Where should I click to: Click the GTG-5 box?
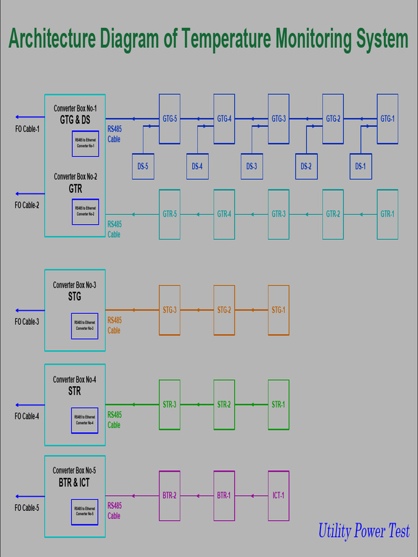coord(169,119)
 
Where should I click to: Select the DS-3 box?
coord(251,166)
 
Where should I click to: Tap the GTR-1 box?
coord(387,214)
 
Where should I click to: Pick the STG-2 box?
coord(224,310)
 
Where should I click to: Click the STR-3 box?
coord(169,405)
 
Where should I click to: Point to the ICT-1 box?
coord(278,496)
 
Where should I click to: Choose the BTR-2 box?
coord(169,496)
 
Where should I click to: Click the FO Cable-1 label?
coord(27,129)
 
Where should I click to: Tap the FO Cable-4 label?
coord(27,417)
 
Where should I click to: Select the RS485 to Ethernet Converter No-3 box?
coord(84,326)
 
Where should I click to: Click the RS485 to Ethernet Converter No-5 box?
coord(84,512)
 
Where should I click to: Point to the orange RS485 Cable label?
coord(114,325)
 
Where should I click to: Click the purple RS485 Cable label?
coord(114,511)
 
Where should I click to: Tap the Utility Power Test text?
coord(364,531)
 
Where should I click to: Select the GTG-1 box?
coord(387,119)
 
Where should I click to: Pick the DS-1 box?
coord(360,166)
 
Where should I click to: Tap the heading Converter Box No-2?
coord(75,177)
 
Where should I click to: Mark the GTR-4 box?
coord(224,214)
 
